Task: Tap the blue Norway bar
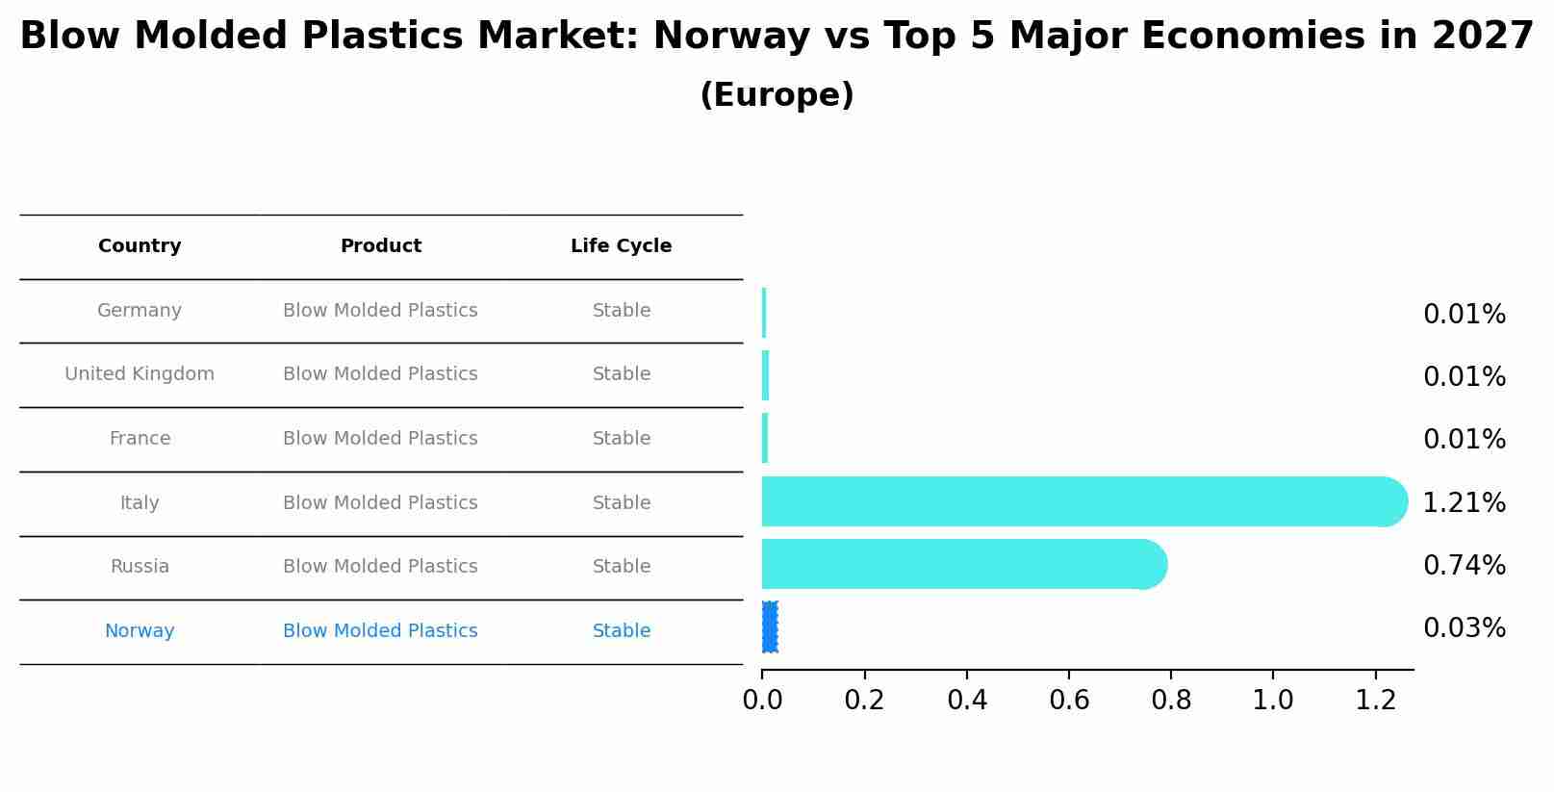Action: point(770,627)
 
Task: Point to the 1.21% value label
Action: point(1464,502)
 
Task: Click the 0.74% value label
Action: point(1464,565)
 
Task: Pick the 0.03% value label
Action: point(1464,628)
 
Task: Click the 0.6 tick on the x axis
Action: point(1069,701)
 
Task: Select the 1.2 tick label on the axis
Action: point(1375,701)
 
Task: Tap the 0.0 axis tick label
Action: point(762,701)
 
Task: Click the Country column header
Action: point(140,246)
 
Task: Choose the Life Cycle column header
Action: point(621,246)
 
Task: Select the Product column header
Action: point(380,246)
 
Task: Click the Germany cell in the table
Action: point(140,311)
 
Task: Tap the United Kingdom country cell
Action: point(140,374)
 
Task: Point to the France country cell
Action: point(140,439)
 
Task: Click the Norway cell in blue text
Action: point(140,631)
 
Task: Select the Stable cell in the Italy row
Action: point(621,503)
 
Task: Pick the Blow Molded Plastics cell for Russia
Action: point(380,567)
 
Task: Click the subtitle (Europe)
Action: point(777,95)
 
